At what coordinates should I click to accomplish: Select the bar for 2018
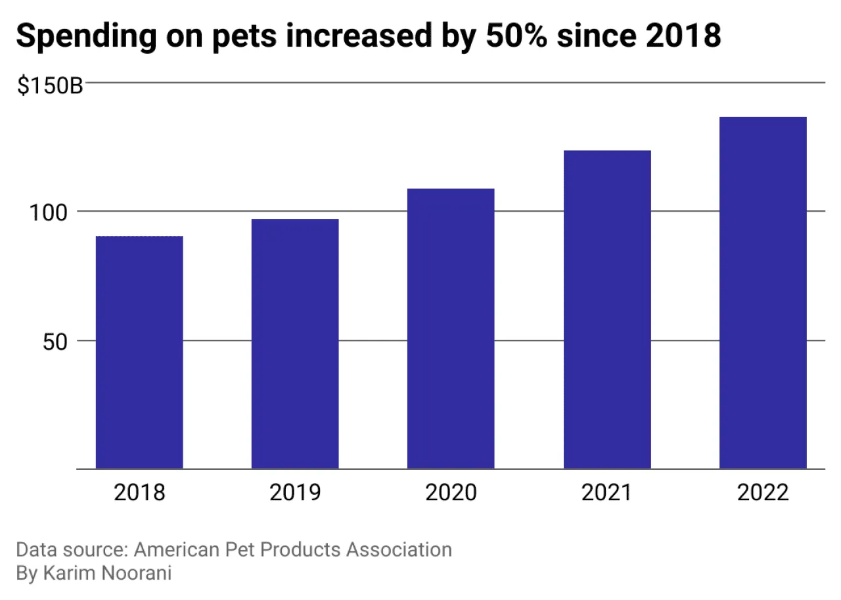tap(139, 352)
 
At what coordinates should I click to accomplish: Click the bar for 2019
tap(295, 344)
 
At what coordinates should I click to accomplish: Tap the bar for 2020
tap(451, 329)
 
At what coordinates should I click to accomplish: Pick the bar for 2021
tap(607, 310)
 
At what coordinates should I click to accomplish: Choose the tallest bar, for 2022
tap(763, 292)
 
